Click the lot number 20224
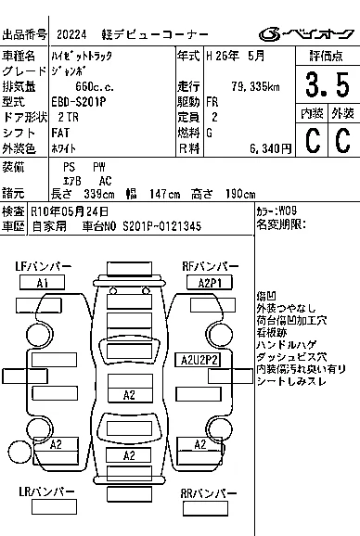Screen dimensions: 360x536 71,34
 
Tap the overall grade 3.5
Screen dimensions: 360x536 328,84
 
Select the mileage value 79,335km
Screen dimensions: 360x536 256,86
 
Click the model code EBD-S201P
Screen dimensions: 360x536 79,102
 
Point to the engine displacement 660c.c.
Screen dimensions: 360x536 95,86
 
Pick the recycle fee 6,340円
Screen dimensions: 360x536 270,148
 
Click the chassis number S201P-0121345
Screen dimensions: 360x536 162,226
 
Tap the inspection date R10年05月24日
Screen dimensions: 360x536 70,211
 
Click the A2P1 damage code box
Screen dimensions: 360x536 210,283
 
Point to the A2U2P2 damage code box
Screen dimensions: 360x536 198,360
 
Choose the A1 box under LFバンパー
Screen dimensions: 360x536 42,283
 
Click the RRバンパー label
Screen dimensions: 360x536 209,493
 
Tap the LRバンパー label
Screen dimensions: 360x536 46,491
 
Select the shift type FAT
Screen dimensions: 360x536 60,133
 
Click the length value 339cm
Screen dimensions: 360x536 99,194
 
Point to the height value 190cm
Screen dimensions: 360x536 240,194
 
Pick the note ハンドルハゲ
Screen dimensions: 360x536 286,345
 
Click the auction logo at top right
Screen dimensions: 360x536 306,33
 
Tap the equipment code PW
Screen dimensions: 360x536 99,167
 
